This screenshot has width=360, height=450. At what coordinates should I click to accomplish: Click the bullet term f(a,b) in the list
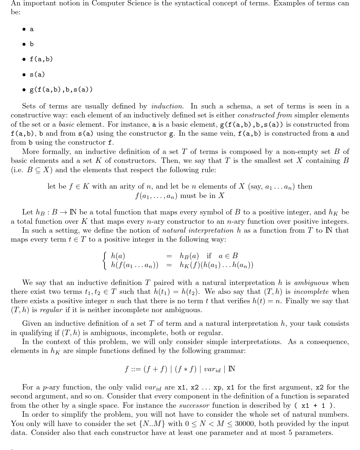(x=41, y=59)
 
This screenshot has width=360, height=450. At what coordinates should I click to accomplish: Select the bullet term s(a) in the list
(x=37, y=74)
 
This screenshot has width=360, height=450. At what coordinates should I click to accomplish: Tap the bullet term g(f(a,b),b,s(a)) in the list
(x=61, y=89)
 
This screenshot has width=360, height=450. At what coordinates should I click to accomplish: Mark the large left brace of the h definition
(x=105, y=261)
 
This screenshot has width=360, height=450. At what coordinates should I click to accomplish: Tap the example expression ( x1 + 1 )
(x=315, y=406)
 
